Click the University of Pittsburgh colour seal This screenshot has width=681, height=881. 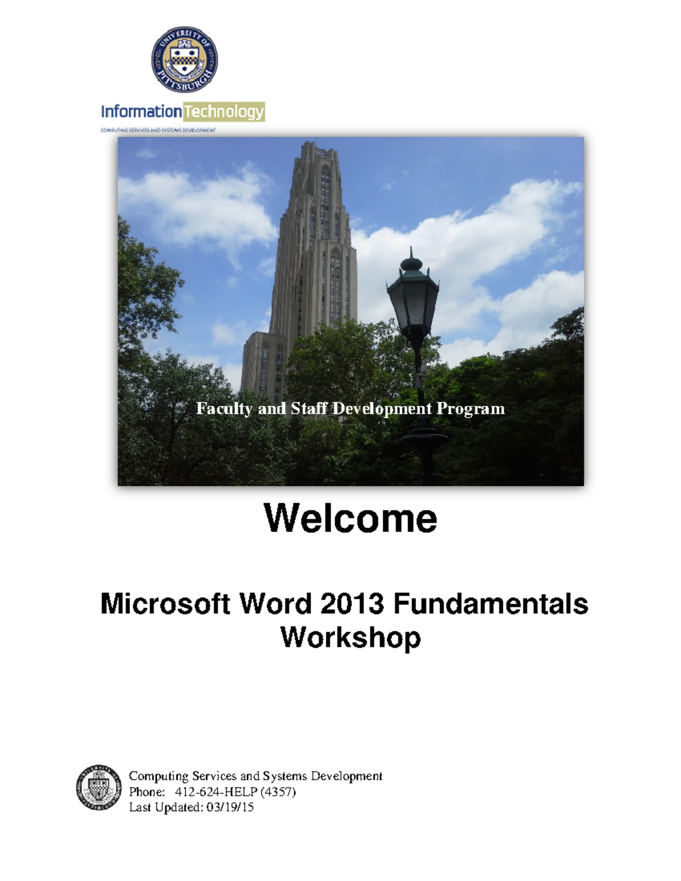point(184,60)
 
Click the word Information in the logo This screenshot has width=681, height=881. point(141,112)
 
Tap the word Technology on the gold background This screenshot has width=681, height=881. point(224,112)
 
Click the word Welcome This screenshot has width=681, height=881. point(350,519)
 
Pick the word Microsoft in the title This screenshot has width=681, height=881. point(165,604)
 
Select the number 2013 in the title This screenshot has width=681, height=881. point(353,604)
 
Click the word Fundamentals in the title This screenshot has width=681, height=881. point(490,604)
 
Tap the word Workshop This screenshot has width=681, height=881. point(350,638)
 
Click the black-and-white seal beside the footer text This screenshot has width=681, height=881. point(99,787)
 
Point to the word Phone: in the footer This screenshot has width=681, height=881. point(147,792)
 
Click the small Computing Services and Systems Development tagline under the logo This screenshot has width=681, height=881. point(158,130)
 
